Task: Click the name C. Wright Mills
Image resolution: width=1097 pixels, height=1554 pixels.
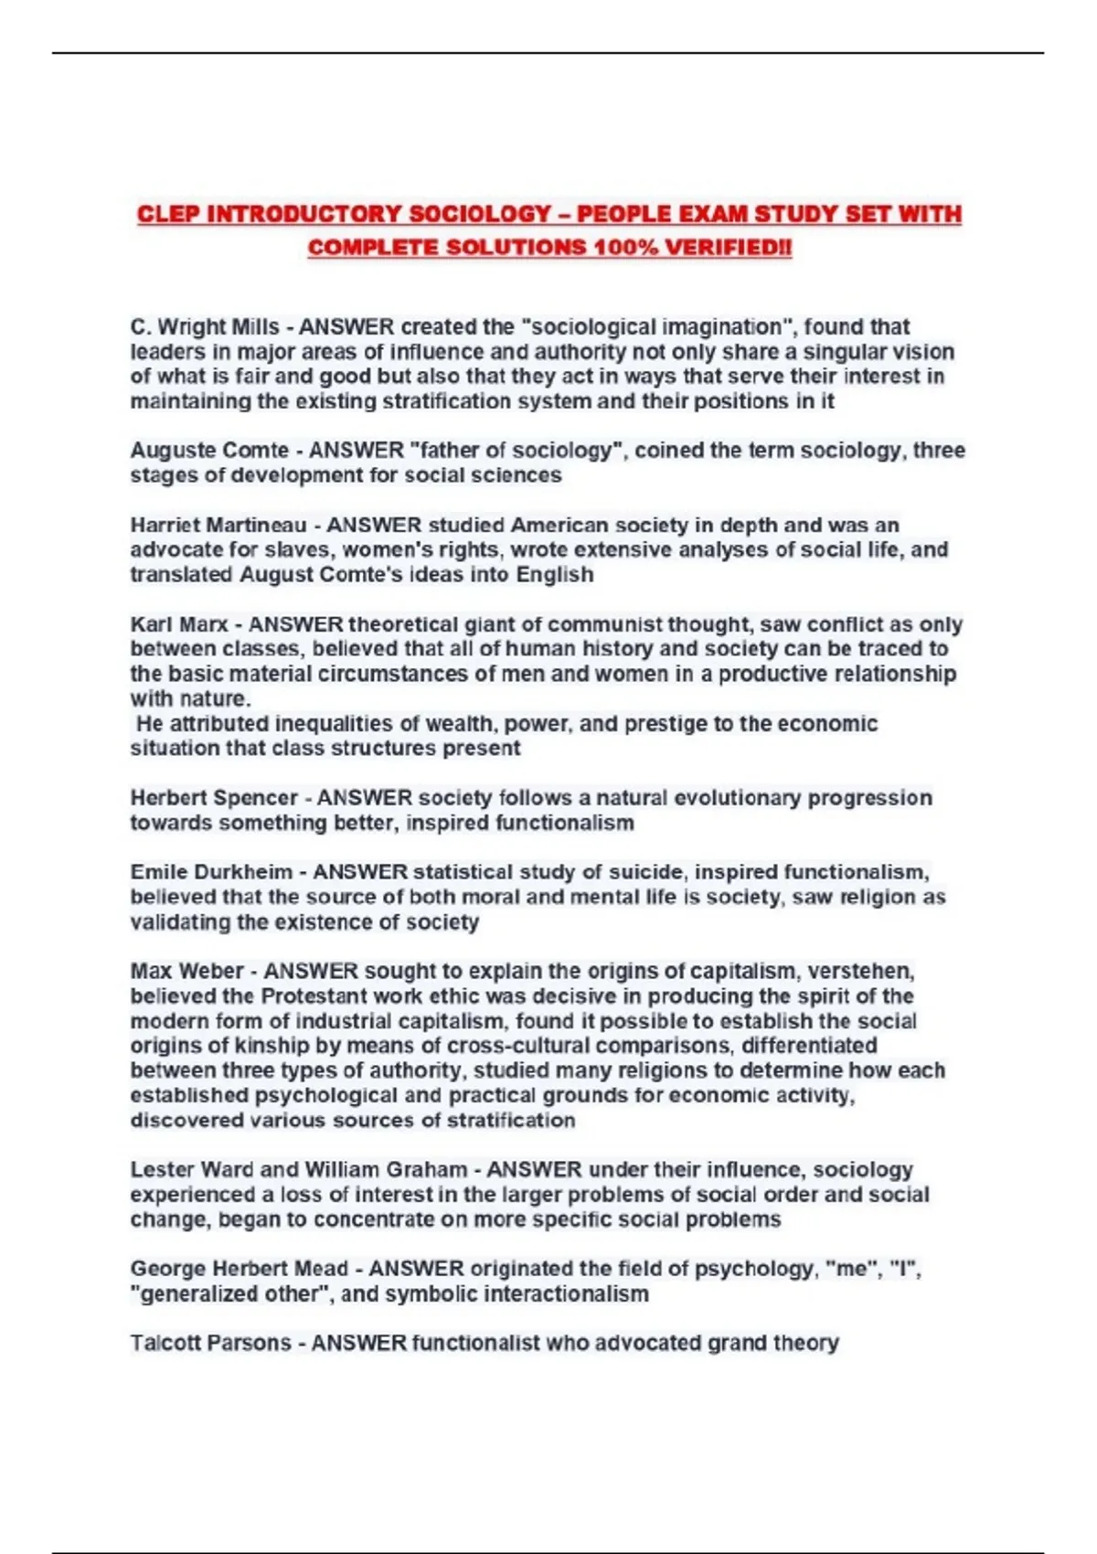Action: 204,327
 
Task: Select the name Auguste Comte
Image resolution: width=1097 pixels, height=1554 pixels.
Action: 209,451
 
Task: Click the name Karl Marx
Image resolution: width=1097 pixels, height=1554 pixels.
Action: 179,625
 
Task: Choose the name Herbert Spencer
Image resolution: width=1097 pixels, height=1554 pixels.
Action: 214,798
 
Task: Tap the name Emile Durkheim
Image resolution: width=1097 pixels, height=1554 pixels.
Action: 211,873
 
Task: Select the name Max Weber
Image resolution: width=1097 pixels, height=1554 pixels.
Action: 186,972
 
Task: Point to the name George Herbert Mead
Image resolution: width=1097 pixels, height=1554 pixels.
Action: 239,1269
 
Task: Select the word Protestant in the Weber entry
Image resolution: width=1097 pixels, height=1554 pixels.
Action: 314,996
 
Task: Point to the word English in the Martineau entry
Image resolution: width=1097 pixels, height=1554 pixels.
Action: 555,575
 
